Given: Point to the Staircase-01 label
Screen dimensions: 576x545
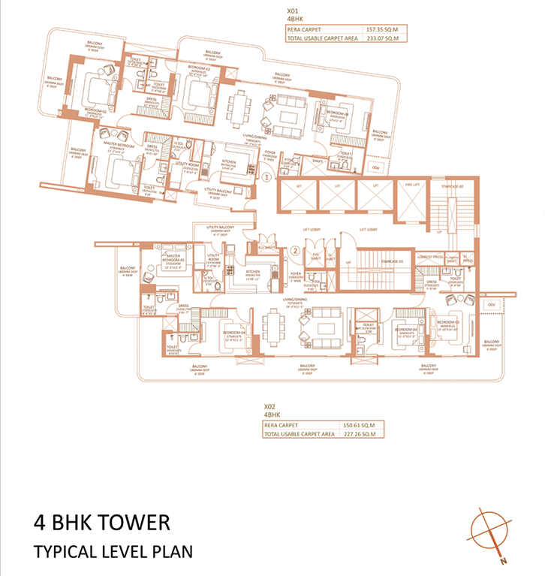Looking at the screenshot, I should pos(393,261).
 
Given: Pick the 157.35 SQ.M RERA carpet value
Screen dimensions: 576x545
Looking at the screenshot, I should pos(380,31).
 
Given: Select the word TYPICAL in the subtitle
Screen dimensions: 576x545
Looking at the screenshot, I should pos(63,551).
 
